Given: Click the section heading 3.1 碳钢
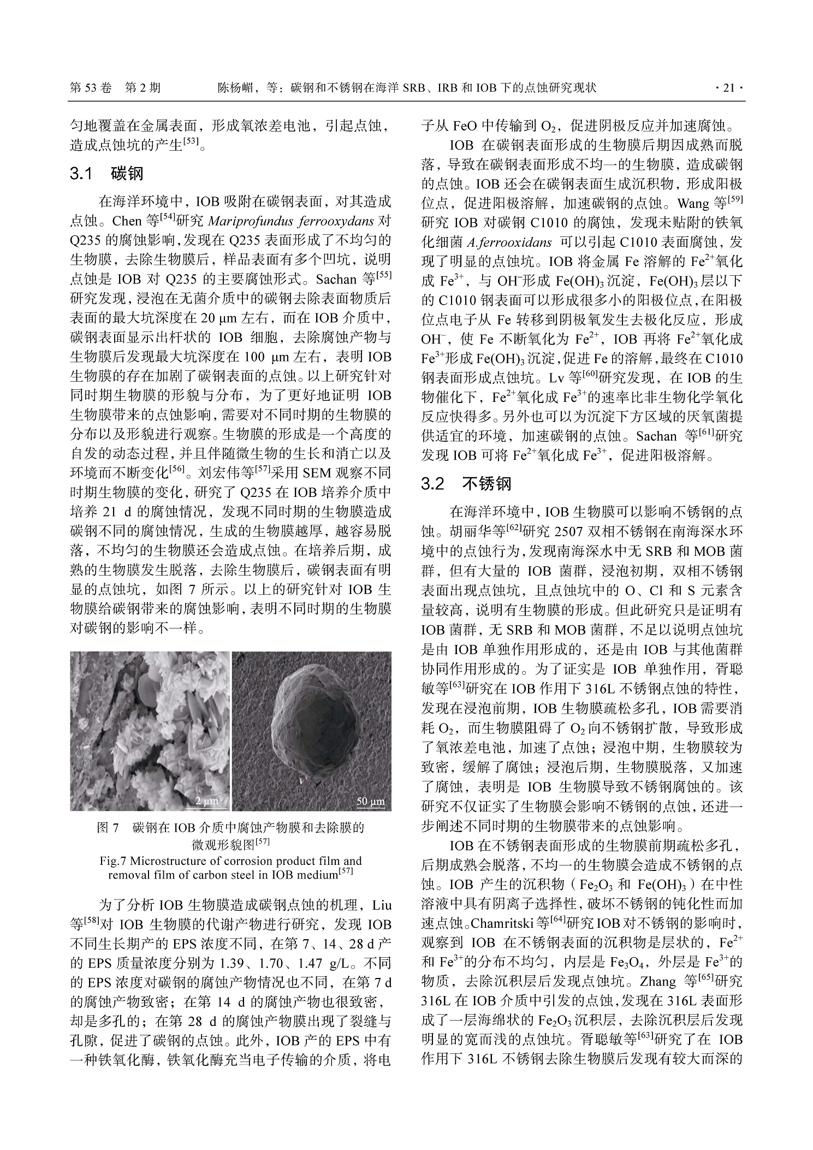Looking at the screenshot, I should pyautogui.click(x=106, y=174).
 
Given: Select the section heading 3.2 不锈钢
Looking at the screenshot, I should pyautogui.click(x=466, y=484).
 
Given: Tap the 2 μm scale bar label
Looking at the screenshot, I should pyautogui.click(x=206, y=801).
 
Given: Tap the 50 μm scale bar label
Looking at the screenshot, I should pyautogui.click(x=370, y=802).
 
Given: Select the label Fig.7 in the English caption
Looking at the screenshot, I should pyautogui.click(x=113, y=861).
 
